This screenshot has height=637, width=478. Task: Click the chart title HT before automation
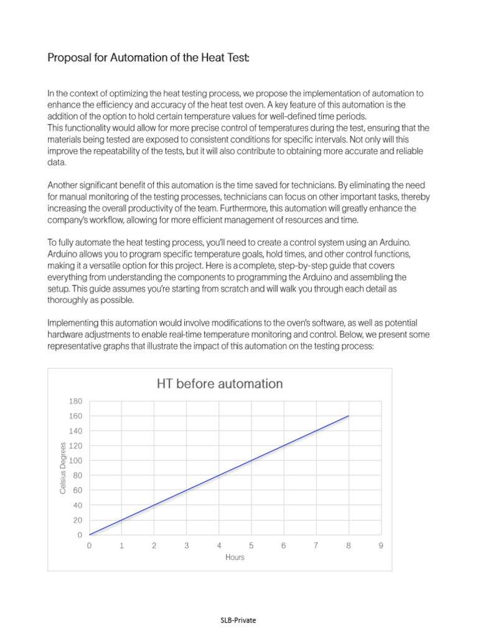click(x=220, y=384)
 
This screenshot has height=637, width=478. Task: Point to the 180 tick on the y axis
click(x=75, y=401)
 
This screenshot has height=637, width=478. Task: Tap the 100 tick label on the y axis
click(x=75, y=461)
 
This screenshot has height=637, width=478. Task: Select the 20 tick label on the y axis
click(x=77, y=521)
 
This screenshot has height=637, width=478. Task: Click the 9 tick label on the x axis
click(x=380, y=546)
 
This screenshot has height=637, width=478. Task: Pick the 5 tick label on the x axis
click(x=251, y=546)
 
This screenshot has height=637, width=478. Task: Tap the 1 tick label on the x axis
click(x=121, y=546)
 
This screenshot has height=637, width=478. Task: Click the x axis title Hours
click(x=235, y=557)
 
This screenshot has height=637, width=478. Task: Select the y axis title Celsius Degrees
click(x=63, y=468)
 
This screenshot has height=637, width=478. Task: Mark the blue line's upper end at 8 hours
click(x=349, y=416)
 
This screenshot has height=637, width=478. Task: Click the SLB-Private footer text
click(x=238, y=620)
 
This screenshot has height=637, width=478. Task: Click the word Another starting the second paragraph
click(x=65, y=185)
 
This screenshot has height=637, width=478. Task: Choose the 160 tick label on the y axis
click(x=75, y=416)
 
